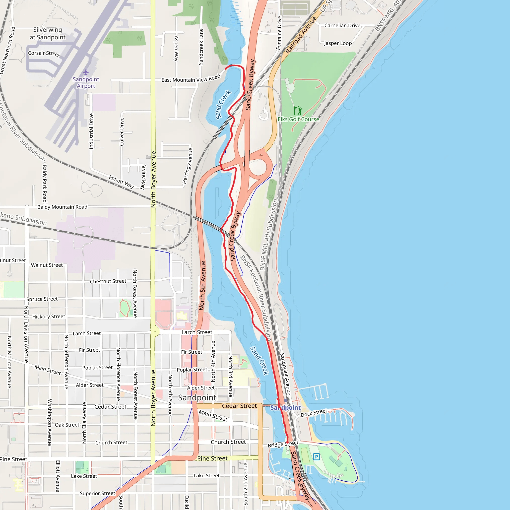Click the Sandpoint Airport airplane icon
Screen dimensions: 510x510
[86, 72]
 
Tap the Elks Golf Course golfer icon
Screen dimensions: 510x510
[298, 110]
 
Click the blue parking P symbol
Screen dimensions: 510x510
[316, 456]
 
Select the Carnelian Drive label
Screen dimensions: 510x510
[342, 26]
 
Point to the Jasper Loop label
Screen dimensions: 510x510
[338, 43]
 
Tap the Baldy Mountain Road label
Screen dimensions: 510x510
[62, 207]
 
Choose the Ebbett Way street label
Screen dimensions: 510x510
[122, 182]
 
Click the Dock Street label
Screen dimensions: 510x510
[314, 413]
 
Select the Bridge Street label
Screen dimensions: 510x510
[283, 444]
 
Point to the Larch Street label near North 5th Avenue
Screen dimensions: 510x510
[197, 332]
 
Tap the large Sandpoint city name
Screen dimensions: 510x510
[197, 397]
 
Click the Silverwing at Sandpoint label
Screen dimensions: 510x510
[48, 34]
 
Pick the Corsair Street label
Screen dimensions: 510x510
[44, 54]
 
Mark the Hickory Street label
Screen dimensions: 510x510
[49, 317]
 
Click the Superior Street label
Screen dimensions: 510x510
[97, 493]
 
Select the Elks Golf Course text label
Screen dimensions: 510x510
[298, 119]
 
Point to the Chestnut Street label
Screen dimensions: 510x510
[108, 281]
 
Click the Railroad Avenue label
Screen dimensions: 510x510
[301, 35]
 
